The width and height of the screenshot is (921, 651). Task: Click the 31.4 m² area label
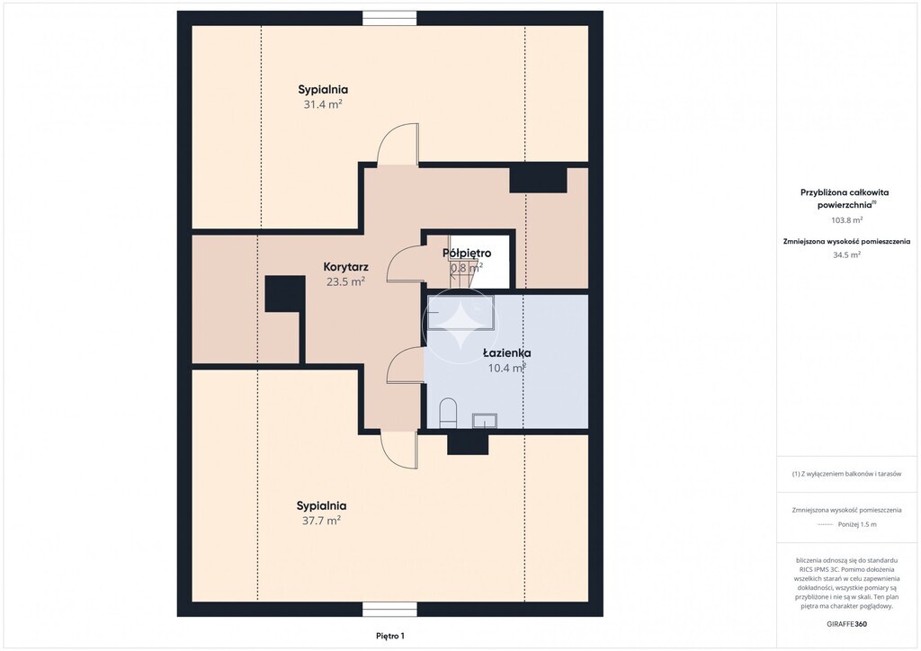[x=323, y=104]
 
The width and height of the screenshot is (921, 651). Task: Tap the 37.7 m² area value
[x=321, y=521]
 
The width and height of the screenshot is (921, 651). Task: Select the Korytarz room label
[x=346, y=267]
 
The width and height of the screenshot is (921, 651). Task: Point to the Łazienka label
[x=507, y=352]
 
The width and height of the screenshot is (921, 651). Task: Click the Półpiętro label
[x=467, y=253]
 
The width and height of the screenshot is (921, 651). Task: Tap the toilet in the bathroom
[x=448, y=412]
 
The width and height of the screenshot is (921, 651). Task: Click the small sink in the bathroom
[x=485, y=420]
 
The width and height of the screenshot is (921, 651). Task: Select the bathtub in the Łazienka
[x=460, y=314]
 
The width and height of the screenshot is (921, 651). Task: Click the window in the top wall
[x=389, y=18]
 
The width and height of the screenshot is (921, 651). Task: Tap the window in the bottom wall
[x=389, y=610]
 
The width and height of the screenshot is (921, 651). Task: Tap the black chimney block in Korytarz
[x=285, y=293]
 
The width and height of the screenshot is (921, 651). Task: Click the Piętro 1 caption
[x=390, y=636]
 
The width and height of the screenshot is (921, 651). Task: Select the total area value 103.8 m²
[x=846, y=220]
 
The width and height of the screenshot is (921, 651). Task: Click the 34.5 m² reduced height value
[x=846, y=254]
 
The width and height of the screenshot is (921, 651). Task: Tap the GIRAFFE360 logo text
[x=846, y=624]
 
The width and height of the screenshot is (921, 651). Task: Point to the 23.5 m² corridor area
[x=346, y=281]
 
